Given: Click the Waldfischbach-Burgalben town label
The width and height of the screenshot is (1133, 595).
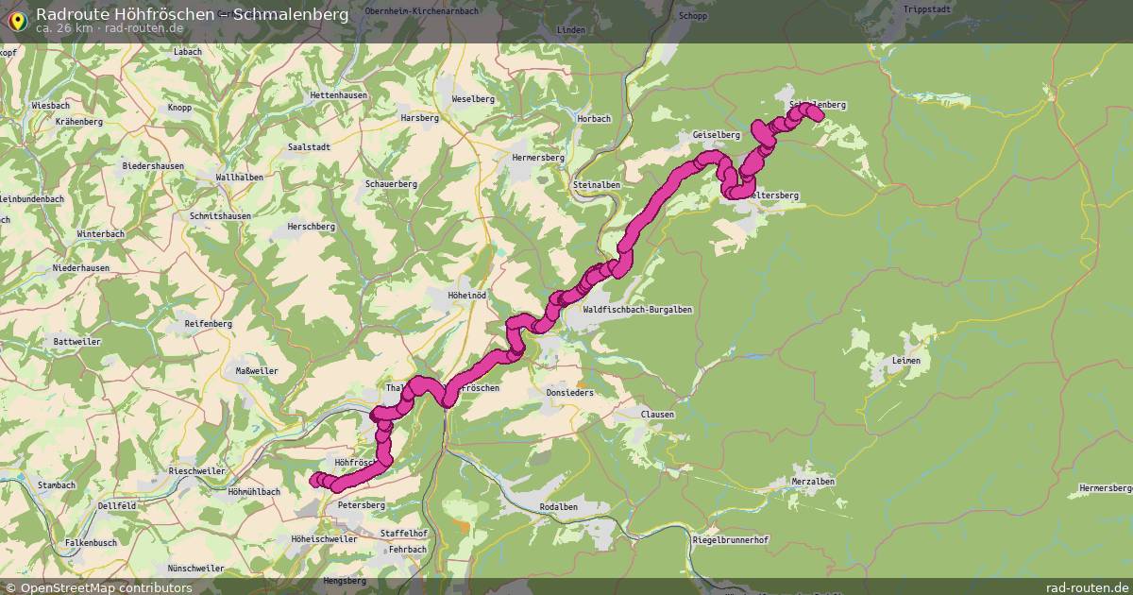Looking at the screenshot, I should (x=638, y=310).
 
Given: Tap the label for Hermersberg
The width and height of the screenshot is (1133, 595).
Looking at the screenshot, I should (x=536, y=157).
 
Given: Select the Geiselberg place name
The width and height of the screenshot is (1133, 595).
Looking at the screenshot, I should (x=716, y=135).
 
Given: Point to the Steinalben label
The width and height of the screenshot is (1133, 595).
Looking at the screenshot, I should (x=597, y=185).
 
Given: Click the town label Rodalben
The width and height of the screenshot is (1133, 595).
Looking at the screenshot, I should (x=558, y=507).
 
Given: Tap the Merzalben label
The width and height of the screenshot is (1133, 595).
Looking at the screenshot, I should (x=813, y=482).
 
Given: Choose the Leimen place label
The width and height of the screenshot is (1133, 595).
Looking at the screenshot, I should (x=905, y=361).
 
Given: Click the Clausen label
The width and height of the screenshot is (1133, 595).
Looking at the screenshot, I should (x=657, y=415).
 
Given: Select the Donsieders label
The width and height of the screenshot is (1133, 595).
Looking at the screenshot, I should (x=570, y=393).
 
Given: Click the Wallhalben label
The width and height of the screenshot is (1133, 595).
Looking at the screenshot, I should (x=239, y=178).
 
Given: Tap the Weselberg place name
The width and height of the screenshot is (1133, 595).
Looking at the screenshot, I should (x=473, y=99).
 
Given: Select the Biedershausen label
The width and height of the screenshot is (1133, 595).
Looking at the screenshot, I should (x=153, y=166).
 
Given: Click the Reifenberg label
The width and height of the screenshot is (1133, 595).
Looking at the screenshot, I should (x=209, y=324).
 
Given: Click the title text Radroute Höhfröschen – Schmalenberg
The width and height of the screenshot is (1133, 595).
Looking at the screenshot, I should (x=192, y=13).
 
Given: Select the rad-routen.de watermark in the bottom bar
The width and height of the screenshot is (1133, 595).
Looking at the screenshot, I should (x=1087, y=587).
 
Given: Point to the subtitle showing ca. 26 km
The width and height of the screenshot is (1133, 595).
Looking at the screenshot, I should (x=63, y=28).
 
